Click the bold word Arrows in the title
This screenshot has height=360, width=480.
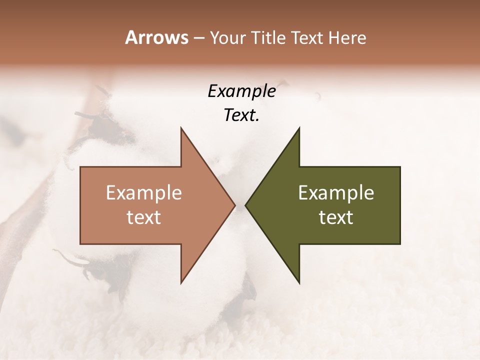[156, 37]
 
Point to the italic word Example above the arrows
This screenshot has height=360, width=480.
[241, 91]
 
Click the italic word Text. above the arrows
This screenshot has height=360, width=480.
[241, 115]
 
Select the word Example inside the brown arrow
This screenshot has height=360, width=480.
[144, 193]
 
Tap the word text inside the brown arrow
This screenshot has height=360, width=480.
[144, 217]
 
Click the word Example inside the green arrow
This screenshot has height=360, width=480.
[336, 193]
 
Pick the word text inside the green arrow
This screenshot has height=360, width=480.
[336, 217]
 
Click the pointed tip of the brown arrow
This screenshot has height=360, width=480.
[235, 205]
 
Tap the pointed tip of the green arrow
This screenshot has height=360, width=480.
[245, 205]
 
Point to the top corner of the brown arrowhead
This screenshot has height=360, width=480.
[181, 128]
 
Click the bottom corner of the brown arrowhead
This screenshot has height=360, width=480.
[181, 283]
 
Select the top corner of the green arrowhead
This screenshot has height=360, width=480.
[299, 128]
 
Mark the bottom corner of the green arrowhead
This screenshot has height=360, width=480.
[299, 283]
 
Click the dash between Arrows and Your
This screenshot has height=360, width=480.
[198, 38]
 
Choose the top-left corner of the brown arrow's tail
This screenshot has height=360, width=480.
[80, 167]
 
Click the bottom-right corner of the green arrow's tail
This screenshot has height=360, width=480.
[400, 244]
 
